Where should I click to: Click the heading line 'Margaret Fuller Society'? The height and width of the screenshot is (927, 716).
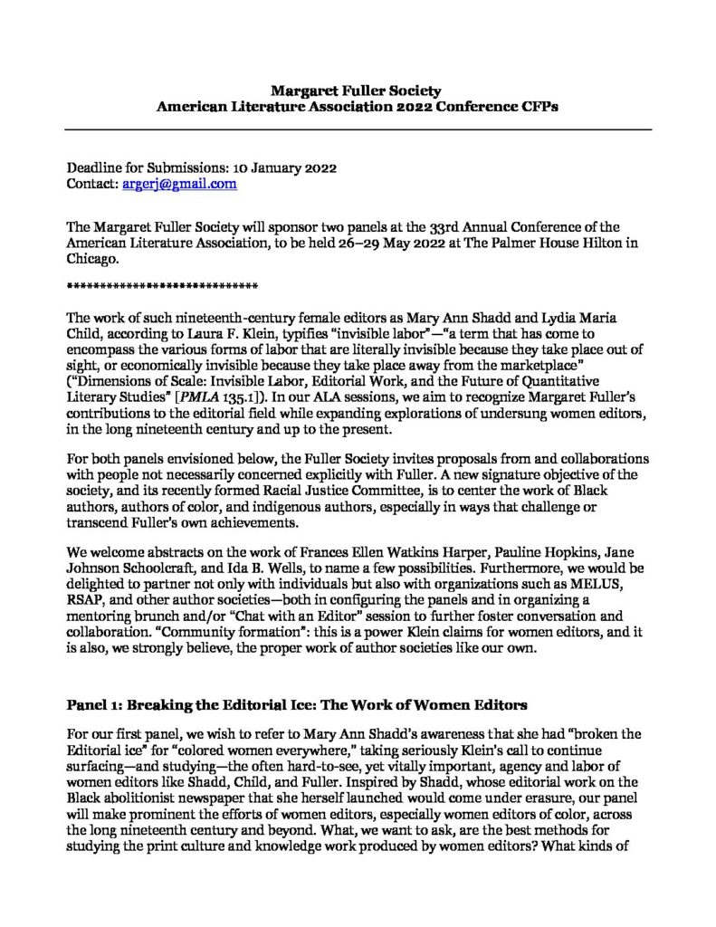(x=358, y=91)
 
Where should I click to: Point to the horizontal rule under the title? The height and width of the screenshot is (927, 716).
(x=358, y=130)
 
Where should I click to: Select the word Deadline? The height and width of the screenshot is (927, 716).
(x=97, y=167)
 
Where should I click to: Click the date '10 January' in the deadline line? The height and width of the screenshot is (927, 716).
(x=250, y=167)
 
